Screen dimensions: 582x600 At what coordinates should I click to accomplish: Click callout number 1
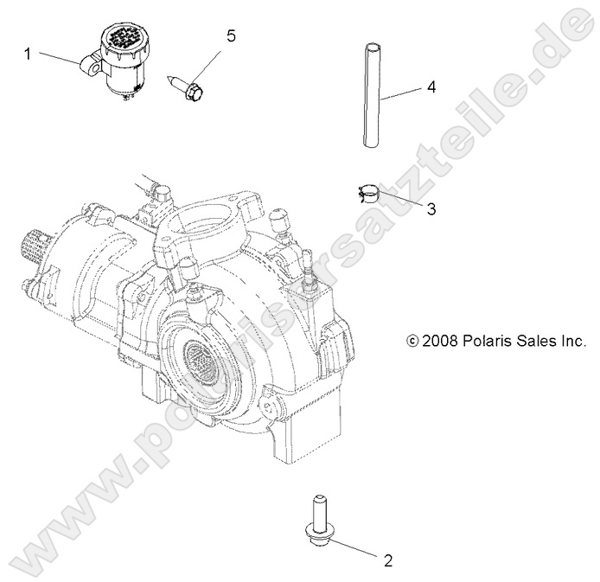tap(28, 54)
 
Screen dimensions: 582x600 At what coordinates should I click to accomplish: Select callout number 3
tap(407, 209)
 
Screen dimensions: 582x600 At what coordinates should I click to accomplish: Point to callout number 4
tap(430, 87)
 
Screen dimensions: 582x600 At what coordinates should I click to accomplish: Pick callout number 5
tap(231, 35)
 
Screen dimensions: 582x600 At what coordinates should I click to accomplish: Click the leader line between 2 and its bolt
tap(354, 547)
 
